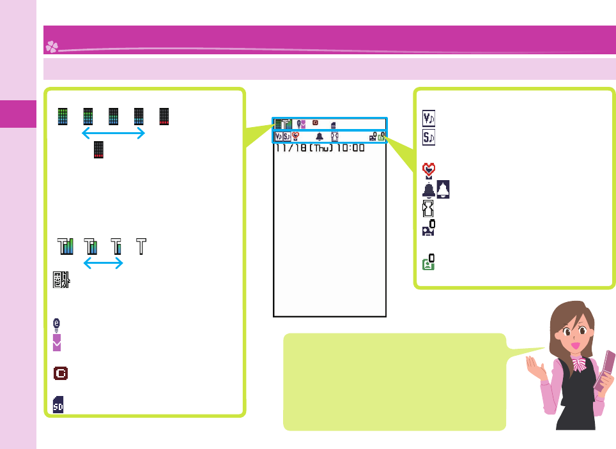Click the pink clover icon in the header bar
[x=52, y=47]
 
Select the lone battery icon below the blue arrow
[x=98, y=149]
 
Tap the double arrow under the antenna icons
[x=103, y=264]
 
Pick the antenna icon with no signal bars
[x=141, y=247]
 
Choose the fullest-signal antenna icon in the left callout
[x=65, y=247]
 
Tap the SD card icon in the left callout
[x=58, y=404]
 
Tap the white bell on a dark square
[x=443, y=189]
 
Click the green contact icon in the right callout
[x=429, y=262]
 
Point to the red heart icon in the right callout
[x=429, y=170]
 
